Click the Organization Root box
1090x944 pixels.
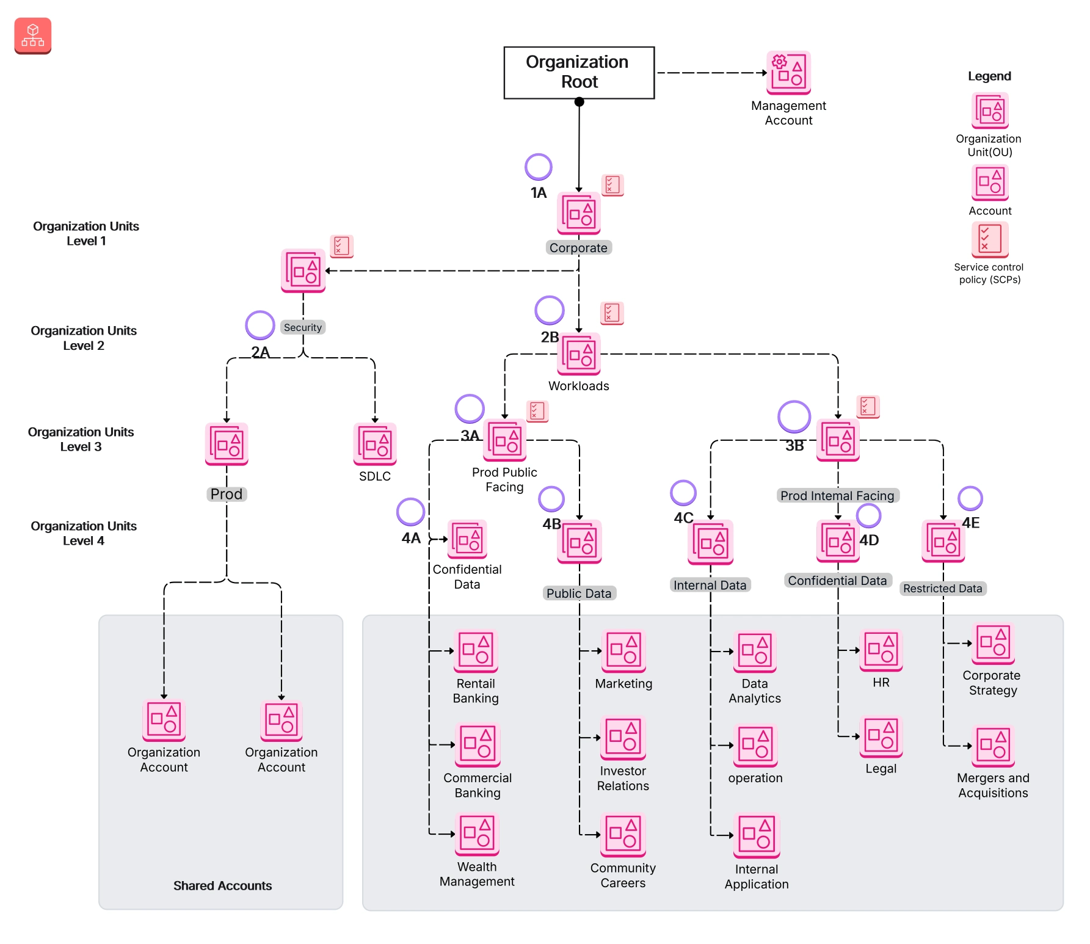point(578,73)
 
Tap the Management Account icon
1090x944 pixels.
point(788,72)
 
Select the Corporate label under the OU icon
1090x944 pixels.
point(578,247)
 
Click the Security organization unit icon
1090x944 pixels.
point(303,270)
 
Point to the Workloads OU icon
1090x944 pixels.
point(578,354)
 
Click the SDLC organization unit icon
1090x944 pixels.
point(375,444)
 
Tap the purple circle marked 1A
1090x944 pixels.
point(538,167)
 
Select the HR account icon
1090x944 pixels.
point(881,651)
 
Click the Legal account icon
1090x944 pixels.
point(881,737)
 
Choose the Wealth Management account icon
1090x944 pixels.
point(477,834)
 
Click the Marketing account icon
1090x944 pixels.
point(623,651)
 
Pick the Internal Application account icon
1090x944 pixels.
point(757,836)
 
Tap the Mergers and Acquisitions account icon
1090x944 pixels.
point(993,746)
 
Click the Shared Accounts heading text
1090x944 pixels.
point(222,885)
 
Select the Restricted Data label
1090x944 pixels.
point(942,588)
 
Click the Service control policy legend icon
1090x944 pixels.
point(989,239)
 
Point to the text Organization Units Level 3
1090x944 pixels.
point(81,439)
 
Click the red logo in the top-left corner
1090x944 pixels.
point(33,36)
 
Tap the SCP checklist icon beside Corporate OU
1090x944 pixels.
point(612,184)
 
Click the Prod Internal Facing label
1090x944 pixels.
point(837,495)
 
